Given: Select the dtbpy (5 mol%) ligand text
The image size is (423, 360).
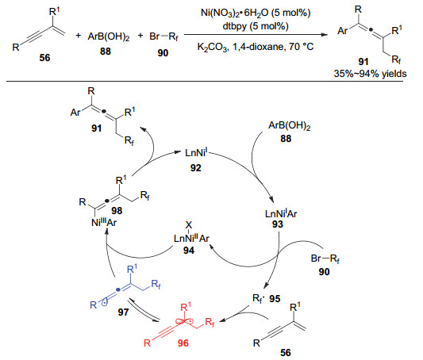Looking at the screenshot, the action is (256, 26).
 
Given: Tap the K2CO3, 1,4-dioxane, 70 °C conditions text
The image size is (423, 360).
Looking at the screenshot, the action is (256, 47).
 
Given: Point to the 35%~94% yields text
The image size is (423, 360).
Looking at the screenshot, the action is (370, 74).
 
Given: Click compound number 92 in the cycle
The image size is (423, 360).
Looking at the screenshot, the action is (195, 168).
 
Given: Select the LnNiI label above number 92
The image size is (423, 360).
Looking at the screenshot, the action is (196, 152).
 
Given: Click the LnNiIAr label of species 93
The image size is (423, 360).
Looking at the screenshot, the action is (281, 213).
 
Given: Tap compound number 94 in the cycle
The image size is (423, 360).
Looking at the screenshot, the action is (189, 251).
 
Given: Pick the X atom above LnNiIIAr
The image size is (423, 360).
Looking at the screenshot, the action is (189, 225).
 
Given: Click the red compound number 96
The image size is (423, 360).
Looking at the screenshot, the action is (183, 343).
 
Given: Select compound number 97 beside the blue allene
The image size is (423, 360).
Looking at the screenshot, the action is (123, 312).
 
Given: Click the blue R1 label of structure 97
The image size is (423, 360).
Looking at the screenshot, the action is (132, 269).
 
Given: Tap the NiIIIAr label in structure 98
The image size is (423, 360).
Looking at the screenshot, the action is (104, 223).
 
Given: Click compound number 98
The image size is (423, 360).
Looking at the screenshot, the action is (117, 210).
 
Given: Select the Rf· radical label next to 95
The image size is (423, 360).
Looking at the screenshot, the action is (259, 299).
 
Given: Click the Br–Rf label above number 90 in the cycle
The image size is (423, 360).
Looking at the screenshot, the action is (325, 259).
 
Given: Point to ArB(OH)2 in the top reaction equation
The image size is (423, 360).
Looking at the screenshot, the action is (109, 36).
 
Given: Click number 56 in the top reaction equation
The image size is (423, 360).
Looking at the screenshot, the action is (44, 57).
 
